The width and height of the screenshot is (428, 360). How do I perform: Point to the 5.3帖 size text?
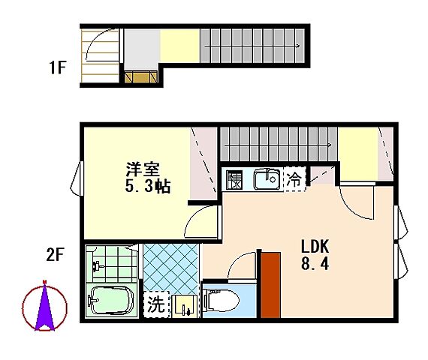point(147,186)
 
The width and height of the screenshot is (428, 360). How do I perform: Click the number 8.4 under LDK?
point(315,264)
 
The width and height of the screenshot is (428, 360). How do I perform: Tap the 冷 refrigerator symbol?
point(296,179)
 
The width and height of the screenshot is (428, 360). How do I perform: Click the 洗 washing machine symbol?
point(155,305)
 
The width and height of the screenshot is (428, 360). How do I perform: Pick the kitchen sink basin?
point(266,180)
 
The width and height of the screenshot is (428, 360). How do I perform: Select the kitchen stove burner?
point(235,181)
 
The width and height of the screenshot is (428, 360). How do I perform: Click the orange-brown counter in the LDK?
point(270,286)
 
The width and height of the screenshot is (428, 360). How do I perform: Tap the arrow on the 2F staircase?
point(329,145)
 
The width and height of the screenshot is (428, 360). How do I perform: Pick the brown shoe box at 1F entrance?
point(140,76)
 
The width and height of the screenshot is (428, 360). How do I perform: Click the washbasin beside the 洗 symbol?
point(184,305)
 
